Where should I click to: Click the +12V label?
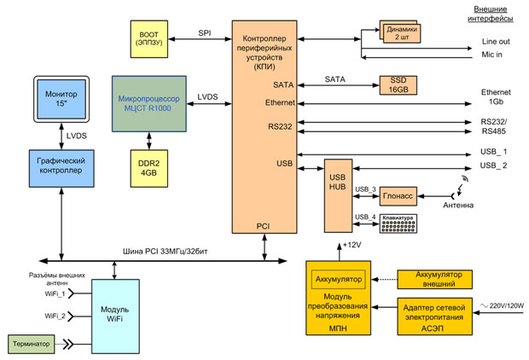tap(352, 247)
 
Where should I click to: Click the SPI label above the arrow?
tap(205, 33)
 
